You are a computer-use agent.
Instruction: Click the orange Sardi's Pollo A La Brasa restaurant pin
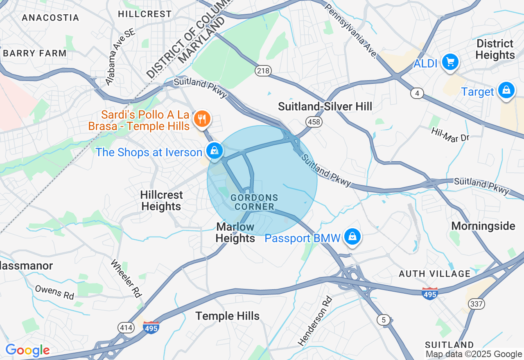(x=201, y=119)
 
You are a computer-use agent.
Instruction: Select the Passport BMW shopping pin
(x=352, y=237)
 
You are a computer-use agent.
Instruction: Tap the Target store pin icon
(x=506, y=90)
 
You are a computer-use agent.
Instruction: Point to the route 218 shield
(x=263, y=71)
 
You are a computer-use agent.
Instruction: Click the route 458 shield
(x=314, y=122)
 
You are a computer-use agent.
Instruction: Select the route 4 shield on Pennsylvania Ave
(x=417, y=94)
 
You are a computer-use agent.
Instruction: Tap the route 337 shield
(x=477, y=304)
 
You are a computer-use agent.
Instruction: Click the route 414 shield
(x=125, y=327)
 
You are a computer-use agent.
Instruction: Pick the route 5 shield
(x=384, y=320)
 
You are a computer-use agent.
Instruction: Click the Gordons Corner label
(x=254, y=202)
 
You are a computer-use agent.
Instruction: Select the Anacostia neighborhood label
(x=50, y=18)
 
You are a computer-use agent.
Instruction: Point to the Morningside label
(x=483, y=226)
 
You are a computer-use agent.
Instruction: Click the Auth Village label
(x=435, y=274)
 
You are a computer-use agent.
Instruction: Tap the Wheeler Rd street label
(x=126, y=278)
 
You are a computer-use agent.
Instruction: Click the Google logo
(x=27, y=351)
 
